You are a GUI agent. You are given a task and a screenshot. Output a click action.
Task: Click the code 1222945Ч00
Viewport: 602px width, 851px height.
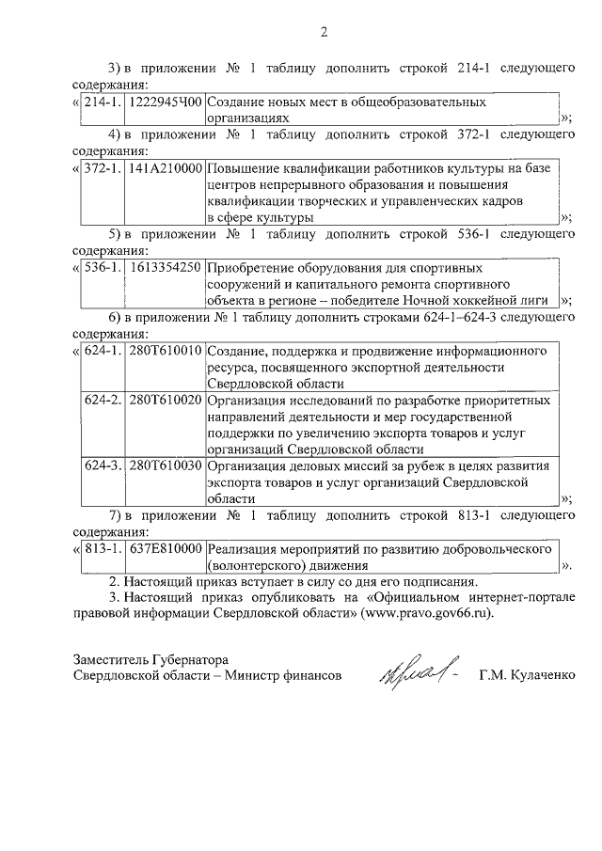coord(166,101)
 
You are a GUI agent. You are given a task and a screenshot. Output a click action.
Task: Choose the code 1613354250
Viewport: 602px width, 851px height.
coord(166,267)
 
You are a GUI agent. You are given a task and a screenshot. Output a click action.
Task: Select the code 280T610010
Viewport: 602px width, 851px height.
coord(166,351)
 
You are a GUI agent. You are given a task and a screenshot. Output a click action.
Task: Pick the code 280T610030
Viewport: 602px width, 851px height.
coord(166,465)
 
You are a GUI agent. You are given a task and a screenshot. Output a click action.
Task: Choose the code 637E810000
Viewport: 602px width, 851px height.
coord(166,549)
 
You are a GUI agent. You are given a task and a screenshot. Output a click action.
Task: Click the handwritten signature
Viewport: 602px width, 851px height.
coord(418,670)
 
